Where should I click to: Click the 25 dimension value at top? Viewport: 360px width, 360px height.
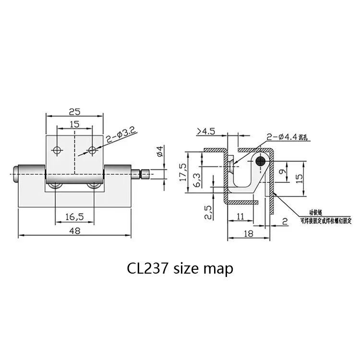(74, 112)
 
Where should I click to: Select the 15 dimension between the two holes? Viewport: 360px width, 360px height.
(74, 124)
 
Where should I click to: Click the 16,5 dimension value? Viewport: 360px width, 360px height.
(74, 217)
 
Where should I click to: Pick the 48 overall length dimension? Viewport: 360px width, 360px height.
(74, 230)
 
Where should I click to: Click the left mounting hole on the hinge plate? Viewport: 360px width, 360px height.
(58, 150)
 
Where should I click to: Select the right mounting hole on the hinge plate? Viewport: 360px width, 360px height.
(92, 150)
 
